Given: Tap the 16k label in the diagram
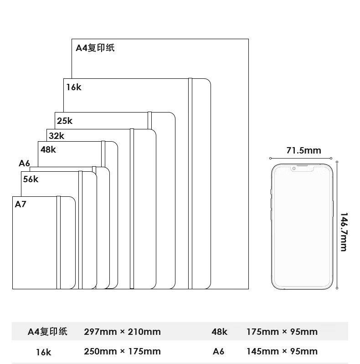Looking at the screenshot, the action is click(x=73, y=87).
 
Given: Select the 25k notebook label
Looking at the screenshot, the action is click(x=65, y=121).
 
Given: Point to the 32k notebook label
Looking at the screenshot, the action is click(x=57, y=136).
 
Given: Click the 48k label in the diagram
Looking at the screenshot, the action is click(x=48, y=149).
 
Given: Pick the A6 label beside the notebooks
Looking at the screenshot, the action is click(x=24, y=163).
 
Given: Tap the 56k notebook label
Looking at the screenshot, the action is click(x=31, y=179).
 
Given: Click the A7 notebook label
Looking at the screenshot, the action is click(x=21, y=204).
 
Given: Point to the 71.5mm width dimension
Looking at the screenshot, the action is click(x=303, y=150).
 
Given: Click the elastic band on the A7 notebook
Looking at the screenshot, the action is click(x=58, y=242).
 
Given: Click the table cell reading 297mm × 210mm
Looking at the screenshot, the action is click(x=122, y=332).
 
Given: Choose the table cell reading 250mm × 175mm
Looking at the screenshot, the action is click(x=122, y=351).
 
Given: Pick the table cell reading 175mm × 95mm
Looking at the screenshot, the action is click(x=282, y=332).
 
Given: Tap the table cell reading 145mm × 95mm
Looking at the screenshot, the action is click(x=282, y=351).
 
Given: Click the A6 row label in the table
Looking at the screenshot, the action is click(x=219, y=351).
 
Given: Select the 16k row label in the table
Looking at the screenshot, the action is click(x=44, y=352).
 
